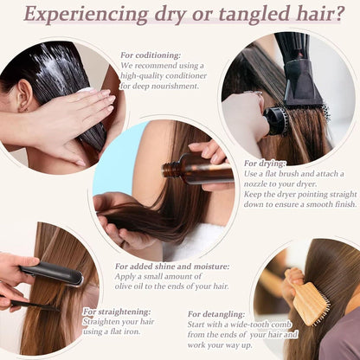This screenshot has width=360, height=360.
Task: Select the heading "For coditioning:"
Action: (151, 55)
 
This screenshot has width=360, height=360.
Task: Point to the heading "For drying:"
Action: (265, 164)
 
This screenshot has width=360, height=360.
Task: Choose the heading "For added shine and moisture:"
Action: (172, 267)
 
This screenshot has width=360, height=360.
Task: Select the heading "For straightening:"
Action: (117, 312)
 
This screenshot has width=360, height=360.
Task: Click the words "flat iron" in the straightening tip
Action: (125, 331)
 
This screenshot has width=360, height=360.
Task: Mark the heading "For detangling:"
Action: (216, 314)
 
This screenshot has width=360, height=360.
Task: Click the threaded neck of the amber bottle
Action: (168, 170)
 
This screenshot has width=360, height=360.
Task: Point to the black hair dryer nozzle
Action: (301, 84)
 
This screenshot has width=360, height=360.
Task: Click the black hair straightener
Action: (52, 273)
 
